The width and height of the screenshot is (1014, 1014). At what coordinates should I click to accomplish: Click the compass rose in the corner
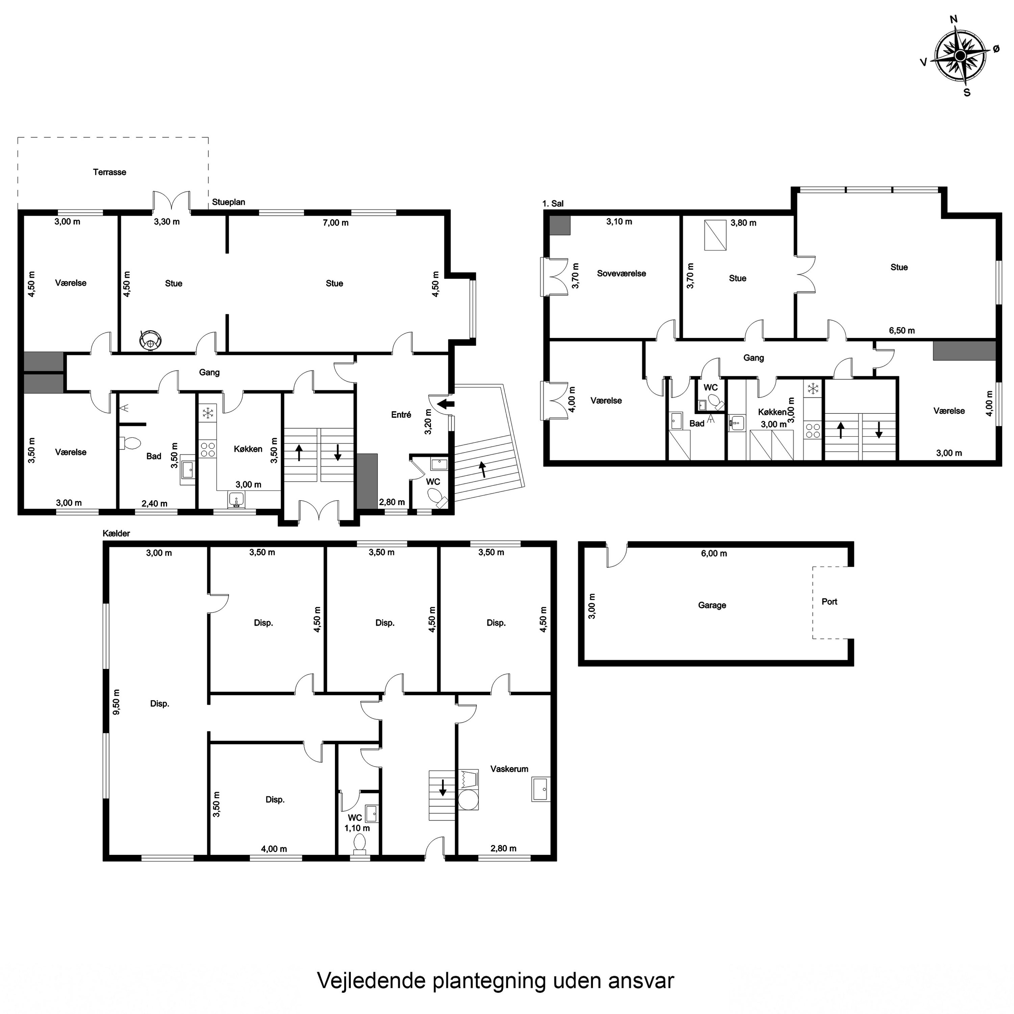(x=960, y=56)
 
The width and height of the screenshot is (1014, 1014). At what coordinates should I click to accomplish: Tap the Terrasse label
(x=110, y=172)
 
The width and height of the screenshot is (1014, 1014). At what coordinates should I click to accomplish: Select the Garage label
(x=712, y=605)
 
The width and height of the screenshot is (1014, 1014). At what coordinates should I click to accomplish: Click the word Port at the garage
(x=829, y=602)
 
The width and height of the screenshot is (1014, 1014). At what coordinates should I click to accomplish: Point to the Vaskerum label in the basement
(x=509, y=769)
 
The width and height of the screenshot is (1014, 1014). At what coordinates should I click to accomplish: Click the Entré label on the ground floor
(x=401, y=415)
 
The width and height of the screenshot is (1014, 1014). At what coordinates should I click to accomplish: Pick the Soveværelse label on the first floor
(x=622, y=273)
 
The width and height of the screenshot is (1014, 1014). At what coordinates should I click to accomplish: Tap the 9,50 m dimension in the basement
(x=117, y=702)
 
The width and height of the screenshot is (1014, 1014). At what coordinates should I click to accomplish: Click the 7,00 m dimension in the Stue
(x=335, y=222)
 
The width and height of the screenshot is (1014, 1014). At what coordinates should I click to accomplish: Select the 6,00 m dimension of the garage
(x=714, y=553)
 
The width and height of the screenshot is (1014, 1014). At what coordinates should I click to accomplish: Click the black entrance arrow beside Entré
(x=445, y=404)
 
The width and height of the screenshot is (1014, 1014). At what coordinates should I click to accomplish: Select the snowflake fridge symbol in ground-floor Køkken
(x=208, y=412)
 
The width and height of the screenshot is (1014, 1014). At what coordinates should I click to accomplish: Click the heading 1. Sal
(x=553, y=203)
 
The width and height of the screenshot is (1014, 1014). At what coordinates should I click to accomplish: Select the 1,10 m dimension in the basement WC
(x=357, y=828)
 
